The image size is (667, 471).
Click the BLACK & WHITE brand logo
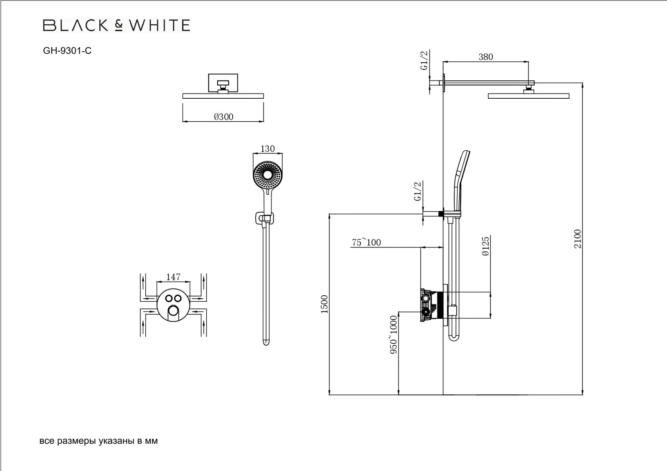(116, 25)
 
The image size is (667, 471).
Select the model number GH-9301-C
(67, 51)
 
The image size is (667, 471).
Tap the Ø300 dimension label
(224, 117)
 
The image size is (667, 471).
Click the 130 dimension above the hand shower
(267, 149)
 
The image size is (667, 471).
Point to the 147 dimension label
(173, 277)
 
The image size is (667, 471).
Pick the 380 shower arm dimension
(486, 57)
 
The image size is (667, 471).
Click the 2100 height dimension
(577, 239)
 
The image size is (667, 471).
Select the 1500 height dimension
(325, 304)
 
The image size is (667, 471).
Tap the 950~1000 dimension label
(393, 335)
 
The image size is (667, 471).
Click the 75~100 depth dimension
(366, 242)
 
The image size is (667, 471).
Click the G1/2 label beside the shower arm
(424, 61)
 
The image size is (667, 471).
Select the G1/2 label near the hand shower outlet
(417, 191)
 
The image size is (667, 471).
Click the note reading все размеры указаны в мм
(99, 441)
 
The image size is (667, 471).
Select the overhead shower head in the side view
(528, 96)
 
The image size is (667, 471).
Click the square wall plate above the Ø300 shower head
(223, 82)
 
